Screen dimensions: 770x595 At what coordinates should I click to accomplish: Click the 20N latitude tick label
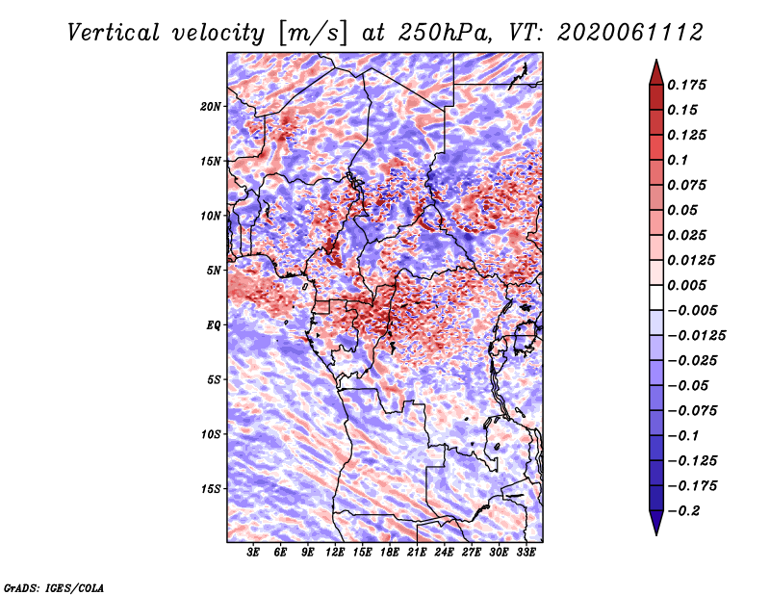(210, 106)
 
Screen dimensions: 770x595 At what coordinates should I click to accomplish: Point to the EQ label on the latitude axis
(213, 325)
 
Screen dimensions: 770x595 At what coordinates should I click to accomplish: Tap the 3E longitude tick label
(253, 552)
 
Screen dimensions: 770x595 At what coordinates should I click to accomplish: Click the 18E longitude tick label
(390, 552)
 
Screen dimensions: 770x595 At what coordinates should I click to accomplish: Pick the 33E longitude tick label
(526, 552)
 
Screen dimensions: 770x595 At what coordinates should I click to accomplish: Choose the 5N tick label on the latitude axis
(213, 271)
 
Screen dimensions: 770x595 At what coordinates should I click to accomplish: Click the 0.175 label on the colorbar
(686, 85)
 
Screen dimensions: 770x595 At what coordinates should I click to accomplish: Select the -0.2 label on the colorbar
(683, 511)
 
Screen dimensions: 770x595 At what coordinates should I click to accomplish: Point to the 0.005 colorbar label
(686, 285)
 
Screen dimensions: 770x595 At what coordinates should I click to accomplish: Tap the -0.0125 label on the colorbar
(696, 336)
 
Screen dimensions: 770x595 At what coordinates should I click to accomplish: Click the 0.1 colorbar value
(678, 160)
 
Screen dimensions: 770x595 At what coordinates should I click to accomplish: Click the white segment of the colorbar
(656, 297)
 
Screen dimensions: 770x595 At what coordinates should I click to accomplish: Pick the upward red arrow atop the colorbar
(656, 73)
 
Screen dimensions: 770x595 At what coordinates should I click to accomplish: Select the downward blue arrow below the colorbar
(656, 523)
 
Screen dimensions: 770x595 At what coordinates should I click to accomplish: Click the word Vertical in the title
(114, 33)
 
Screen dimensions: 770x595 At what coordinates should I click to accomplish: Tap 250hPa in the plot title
(445, 33)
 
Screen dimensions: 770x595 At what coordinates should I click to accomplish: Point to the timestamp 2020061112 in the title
(630, 33)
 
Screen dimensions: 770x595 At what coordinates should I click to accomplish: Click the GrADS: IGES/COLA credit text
(54, 588)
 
